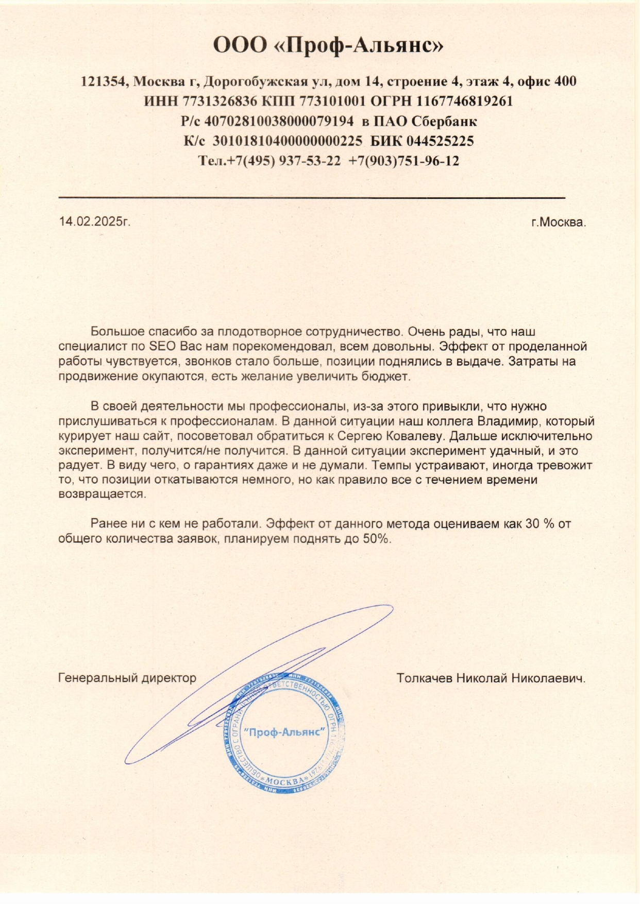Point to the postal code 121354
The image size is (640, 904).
coord(105,81)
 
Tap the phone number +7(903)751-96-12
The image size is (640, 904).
coord(403,161)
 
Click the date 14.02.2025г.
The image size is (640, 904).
coord(94,221)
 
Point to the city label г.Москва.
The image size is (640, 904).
coord(559,223)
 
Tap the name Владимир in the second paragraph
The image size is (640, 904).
coord(508,421)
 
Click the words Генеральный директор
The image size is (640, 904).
coord(127,678)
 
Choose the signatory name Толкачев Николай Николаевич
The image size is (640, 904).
coord(491,678)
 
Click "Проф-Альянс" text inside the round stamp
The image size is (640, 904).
coord(285,732)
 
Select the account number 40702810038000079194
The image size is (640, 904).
coord(279,121)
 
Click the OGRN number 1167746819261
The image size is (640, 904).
coord(465,101)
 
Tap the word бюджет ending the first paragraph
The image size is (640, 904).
coord(390,376)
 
